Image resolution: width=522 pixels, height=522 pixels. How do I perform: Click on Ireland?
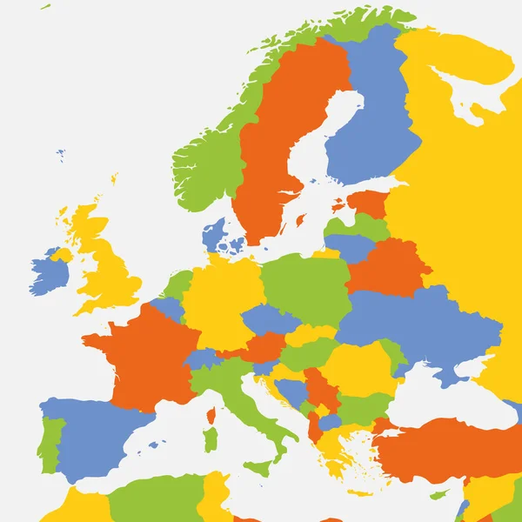coord(48,274)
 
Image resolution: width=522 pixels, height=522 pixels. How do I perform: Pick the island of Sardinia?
coord(210,439)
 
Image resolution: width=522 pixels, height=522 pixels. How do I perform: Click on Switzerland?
coord(202,358)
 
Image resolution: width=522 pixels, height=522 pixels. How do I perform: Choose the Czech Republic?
coord(270,319)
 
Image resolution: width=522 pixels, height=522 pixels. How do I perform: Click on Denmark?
coord(214,235)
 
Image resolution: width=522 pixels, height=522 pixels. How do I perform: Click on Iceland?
coord(60,155)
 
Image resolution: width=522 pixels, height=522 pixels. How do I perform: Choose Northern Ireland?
coord(60,255)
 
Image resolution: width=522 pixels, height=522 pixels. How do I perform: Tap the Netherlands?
coord(177,283)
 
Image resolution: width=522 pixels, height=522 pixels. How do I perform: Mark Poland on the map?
coord(304,283)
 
